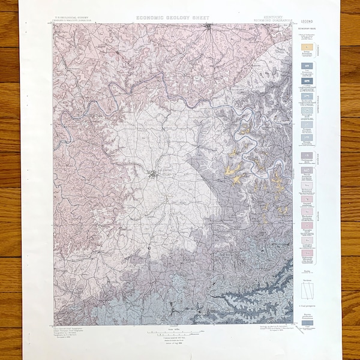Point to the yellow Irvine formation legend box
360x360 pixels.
307,46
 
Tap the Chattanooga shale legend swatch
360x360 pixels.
307,157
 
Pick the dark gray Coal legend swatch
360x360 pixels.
307,323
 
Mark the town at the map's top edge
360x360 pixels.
208,27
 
